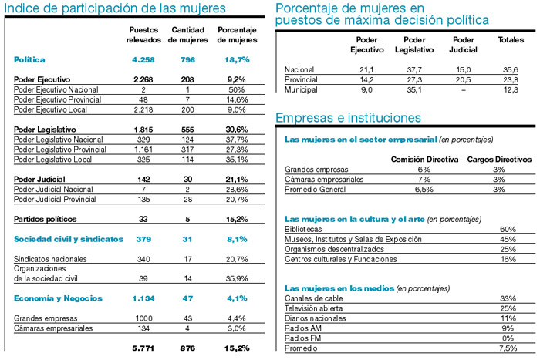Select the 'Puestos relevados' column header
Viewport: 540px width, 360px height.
point(143,35)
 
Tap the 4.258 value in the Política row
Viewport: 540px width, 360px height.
point(143,59)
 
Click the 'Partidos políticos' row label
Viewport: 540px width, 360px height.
point(47,220)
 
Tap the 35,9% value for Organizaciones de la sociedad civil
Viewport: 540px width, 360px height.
point(236,278)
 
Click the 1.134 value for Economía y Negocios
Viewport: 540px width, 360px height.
point(143,298)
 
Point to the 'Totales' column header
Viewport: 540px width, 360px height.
point(511,39)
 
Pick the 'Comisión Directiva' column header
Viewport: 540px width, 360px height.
point(417,159)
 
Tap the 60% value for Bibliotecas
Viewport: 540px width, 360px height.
point(508,229)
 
